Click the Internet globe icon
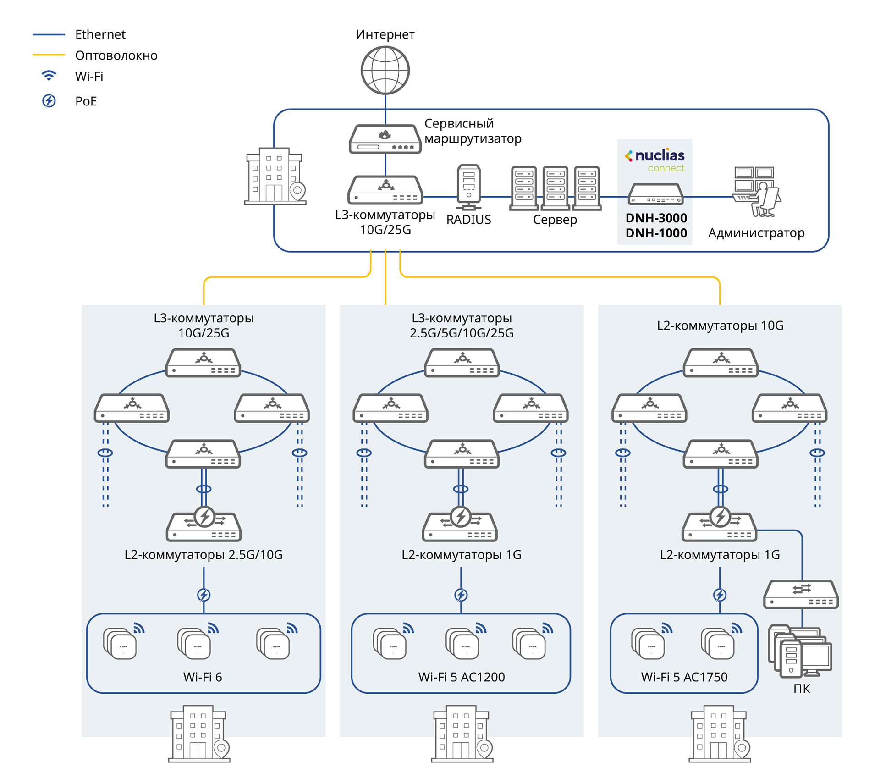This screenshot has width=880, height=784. (x=385, y=71)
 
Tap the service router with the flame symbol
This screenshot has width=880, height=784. (x=385, y=139)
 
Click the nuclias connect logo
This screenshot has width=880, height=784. (x=655, y=160)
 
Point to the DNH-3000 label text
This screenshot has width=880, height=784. (x=656, y=218)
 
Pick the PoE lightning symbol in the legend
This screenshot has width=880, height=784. (x=49, y=101)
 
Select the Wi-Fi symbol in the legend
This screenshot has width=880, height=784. (x=49, y=76)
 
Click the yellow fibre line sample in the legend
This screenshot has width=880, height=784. (x=49, y=55)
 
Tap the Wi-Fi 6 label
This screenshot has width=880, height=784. (x=203, y=677)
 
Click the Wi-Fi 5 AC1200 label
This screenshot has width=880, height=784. (x=461, y=677)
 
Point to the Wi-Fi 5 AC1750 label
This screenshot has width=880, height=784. (x=684, y=677)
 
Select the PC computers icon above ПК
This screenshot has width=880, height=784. (x=800, y=651)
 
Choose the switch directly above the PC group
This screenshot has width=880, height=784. (x=801, y=595)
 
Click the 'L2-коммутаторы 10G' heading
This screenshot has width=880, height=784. (x=720, y=326)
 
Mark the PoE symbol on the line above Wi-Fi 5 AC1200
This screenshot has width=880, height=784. (x=461, y=595)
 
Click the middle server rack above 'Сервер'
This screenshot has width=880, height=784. (x=555, y=188)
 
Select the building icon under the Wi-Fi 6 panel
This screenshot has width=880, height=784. (x=199, y=734)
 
